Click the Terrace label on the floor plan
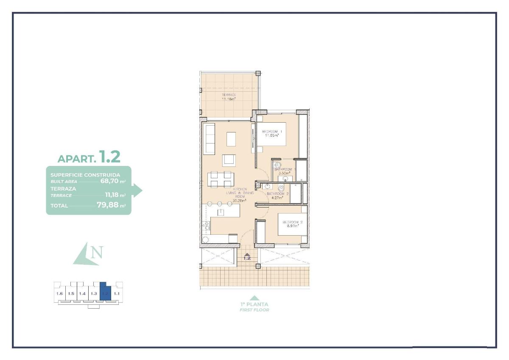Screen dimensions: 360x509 (x=229, y=95)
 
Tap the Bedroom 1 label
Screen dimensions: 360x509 (x=271, y=132)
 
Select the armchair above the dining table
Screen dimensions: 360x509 (x=229, y=160)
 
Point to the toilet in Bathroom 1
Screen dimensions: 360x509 (x=278, y=165)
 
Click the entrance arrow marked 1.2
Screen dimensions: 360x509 (x=247, y=256)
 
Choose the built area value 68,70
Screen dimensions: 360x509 (x=108, y=180)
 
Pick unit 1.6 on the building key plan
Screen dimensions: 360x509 (x=59, y=293)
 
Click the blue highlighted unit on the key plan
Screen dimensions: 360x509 (x=105, y=291)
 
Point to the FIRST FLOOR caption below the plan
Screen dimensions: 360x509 (x=254, y=310)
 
